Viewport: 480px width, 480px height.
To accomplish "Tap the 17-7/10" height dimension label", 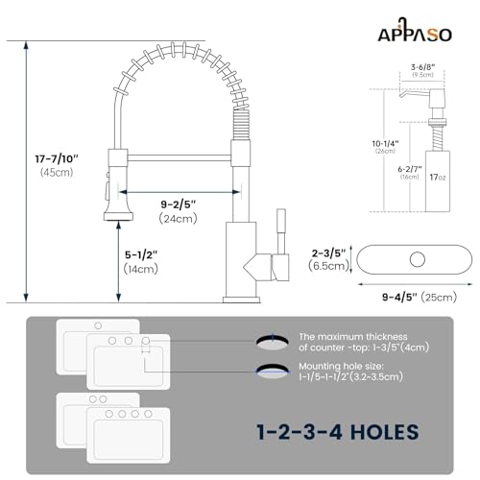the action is point(57,158).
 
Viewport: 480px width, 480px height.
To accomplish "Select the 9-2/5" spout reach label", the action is point(178,204).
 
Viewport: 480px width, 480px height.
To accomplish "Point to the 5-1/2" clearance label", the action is point(141,255).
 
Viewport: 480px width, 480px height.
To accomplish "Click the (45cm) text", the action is point(57,172).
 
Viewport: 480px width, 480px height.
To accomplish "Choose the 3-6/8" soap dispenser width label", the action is point(422,67).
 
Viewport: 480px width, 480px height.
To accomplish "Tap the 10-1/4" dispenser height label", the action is point(385,144).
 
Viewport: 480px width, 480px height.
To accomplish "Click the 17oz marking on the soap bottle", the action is point(437,177).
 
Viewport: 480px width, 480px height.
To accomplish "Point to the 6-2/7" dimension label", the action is point(410,169).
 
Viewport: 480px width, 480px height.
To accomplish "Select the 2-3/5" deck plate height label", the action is point(328,253).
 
